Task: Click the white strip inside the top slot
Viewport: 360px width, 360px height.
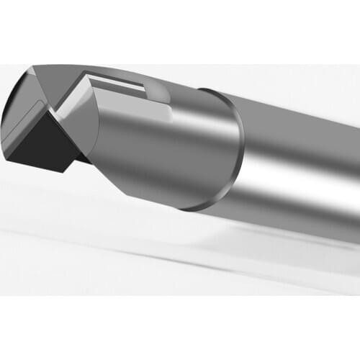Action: [x=119, y=84]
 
